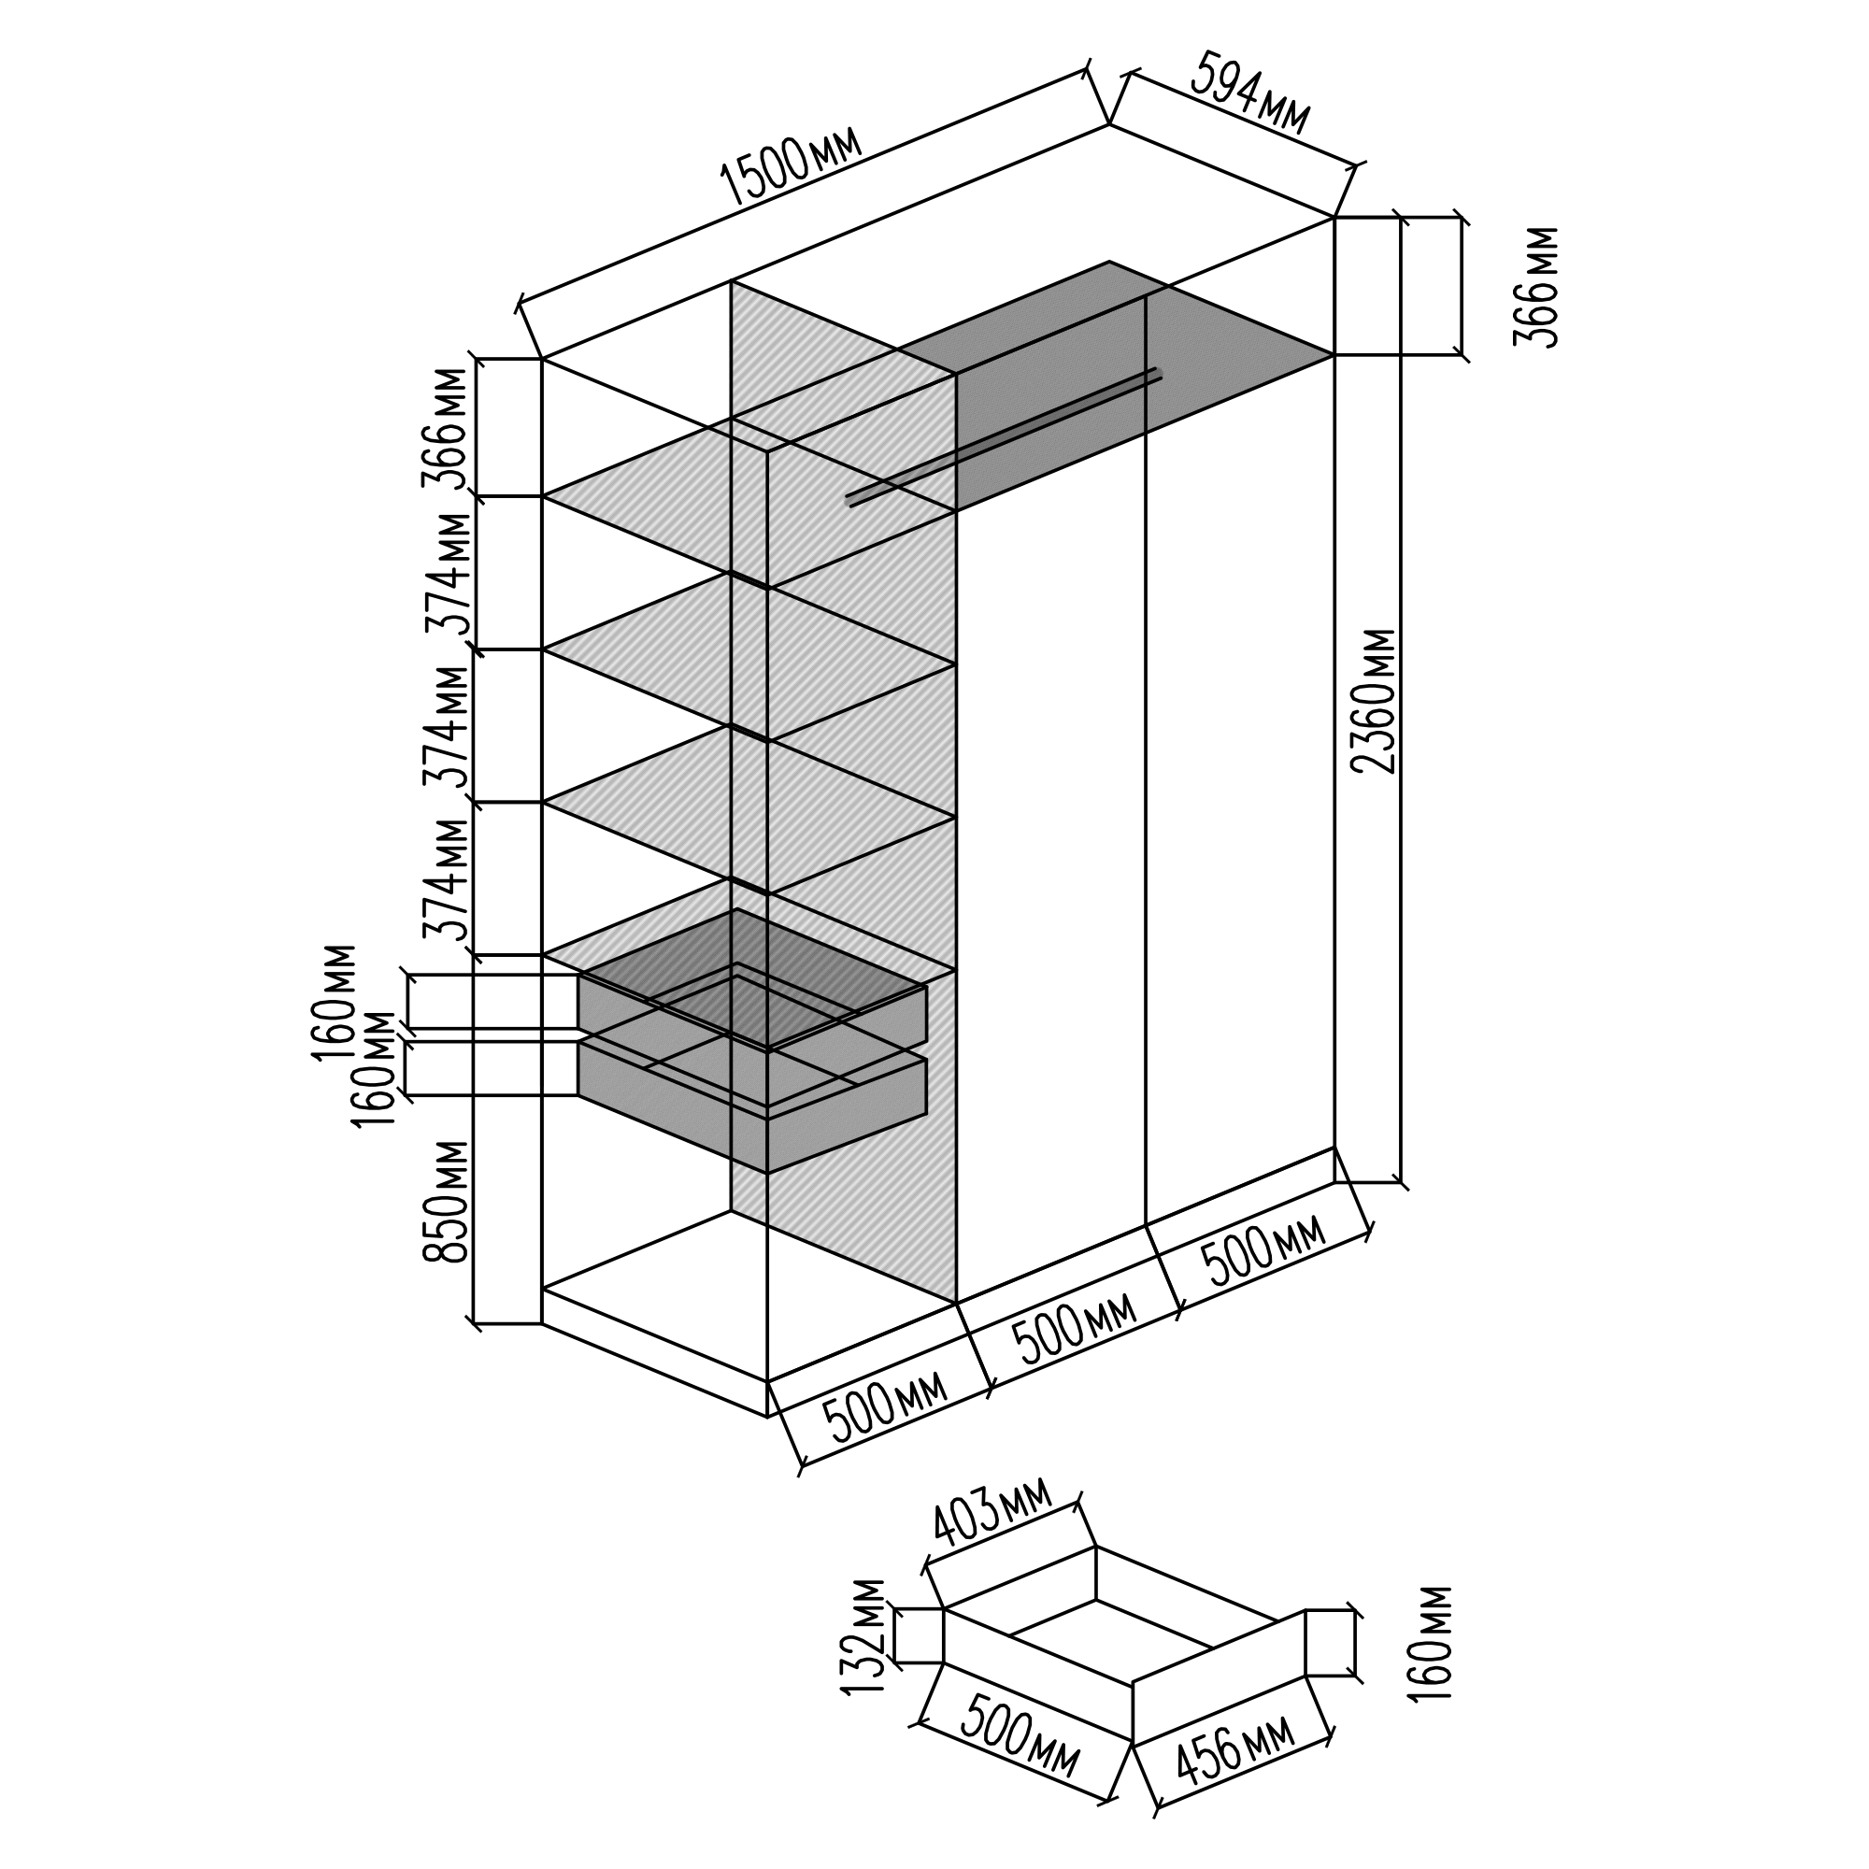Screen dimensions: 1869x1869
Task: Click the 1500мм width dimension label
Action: tap(792, 170)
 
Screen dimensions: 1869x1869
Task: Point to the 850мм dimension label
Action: tap(447, 1202)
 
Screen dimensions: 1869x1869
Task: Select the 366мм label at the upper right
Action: tap(1536, 286)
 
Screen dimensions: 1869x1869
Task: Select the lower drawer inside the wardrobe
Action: tap(754, 1112)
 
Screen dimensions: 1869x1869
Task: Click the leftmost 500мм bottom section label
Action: tap(885, 1405)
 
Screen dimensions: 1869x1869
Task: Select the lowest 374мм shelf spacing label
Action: tap(447, 880)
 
